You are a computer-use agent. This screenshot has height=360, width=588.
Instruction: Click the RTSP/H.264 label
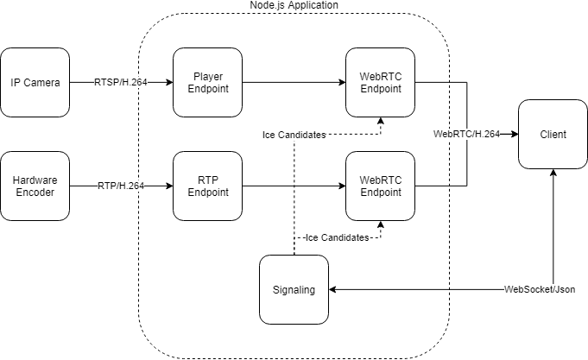tap(121, 83)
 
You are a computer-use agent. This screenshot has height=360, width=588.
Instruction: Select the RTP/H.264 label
tap(121, 186)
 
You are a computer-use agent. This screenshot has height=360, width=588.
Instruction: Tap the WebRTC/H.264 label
tap(466, 134)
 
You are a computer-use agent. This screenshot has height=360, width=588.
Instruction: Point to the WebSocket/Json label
tap(540, 290)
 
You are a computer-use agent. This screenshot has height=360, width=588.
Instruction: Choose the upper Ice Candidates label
tap(294, 135)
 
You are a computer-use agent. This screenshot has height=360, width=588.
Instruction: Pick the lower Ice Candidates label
tap(337, 237)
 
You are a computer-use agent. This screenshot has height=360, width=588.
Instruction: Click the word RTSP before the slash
tap(106, 83)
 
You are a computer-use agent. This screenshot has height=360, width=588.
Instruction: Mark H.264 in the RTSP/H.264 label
tap(135, 83)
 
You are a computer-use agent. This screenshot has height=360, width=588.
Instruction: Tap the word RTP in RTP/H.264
tap(107, 186)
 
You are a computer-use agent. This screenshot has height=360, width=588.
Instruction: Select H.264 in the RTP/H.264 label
tap(131, 186)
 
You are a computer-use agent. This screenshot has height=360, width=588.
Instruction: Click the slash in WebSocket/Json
tap(552, 290)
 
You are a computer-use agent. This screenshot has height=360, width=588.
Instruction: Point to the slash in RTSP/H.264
tap(120, 83)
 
